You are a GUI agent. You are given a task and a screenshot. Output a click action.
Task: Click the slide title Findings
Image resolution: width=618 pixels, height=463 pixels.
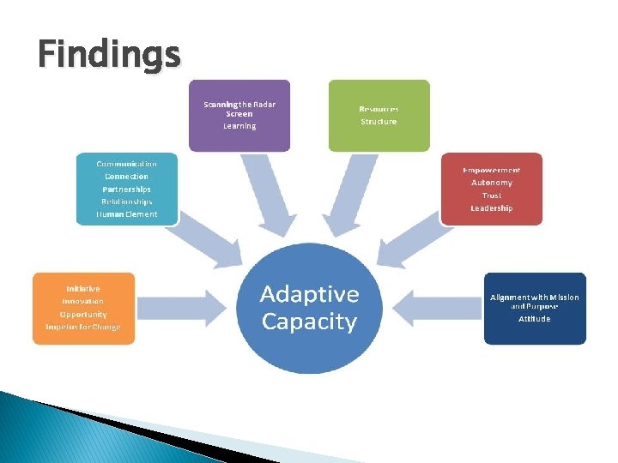109,55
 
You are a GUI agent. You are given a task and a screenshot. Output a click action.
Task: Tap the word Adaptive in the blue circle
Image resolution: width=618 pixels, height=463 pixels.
309,295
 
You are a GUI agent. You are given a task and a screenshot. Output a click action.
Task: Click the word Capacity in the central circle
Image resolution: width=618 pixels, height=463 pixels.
309,322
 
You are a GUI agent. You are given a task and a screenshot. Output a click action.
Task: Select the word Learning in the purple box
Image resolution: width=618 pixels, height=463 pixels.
239,126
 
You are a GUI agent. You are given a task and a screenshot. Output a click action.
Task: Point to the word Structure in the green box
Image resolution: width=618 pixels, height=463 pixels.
379,122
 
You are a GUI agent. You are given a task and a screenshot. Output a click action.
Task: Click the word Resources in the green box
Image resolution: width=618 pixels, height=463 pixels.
379,109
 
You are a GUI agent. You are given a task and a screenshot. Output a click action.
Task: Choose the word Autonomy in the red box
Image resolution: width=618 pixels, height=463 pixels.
492,183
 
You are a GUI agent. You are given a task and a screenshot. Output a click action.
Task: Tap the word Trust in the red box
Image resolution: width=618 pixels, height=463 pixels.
492,195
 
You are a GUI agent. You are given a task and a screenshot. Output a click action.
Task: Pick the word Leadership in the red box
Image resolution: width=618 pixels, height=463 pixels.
492,208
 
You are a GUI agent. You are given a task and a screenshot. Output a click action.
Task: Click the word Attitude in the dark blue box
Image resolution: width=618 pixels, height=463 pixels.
535,319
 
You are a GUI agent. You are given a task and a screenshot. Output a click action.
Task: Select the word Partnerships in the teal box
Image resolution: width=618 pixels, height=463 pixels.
126,189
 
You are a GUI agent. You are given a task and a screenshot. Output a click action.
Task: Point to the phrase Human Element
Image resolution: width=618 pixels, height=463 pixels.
126,214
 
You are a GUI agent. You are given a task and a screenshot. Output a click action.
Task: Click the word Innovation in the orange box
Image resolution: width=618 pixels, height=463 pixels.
82,301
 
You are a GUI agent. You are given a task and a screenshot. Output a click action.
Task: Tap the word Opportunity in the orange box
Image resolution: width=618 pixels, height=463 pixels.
82,314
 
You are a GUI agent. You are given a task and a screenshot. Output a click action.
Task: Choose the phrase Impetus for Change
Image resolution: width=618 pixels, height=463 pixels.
82,327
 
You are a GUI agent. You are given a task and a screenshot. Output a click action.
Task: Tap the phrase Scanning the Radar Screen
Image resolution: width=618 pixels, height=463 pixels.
239,108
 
